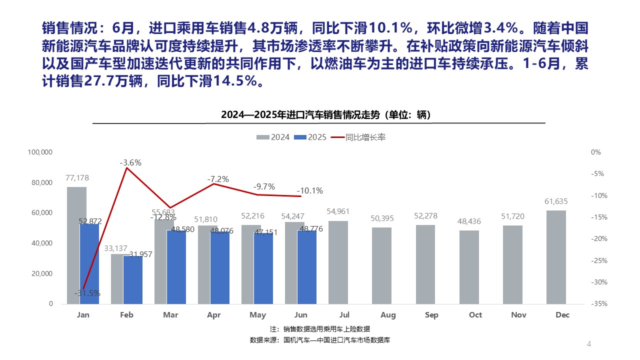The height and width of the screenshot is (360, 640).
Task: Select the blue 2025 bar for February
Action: (x=132, y=280)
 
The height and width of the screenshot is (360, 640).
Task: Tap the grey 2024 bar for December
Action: (x=556, y=257)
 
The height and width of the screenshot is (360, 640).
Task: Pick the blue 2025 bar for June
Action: (x=306, y=267)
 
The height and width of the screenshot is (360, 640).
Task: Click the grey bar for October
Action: (x=469, y=267)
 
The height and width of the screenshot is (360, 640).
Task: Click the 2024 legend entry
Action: (x=273, y=137)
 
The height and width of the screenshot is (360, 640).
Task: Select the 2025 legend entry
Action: (x=310, y=137)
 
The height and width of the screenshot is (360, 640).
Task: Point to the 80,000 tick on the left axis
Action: (x=42, y=182)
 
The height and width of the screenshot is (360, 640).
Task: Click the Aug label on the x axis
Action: (x=388, y=315)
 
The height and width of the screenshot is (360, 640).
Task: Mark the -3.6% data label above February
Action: (x=130, y=162)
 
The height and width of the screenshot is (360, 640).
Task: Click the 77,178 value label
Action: (x=76, y=178)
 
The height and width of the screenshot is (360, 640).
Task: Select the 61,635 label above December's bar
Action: (x=556, y=201)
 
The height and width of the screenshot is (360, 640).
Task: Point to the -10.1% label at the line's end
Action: (x=310, y=190)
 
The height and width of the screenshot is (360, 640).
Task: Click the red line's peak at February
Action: (x=126, y=168)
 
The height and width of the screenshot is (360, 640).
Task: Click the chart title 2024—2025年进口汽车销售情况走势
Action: (x=326, y=114)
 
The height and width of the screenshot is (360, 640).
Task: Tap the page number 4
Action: (x=588, y=344)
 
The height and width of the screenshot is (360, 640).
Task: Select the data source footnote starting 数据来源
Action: (x=319, y=340)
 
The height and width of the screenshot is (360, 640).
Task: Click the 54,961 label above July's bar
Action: (x=338, y=212)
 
